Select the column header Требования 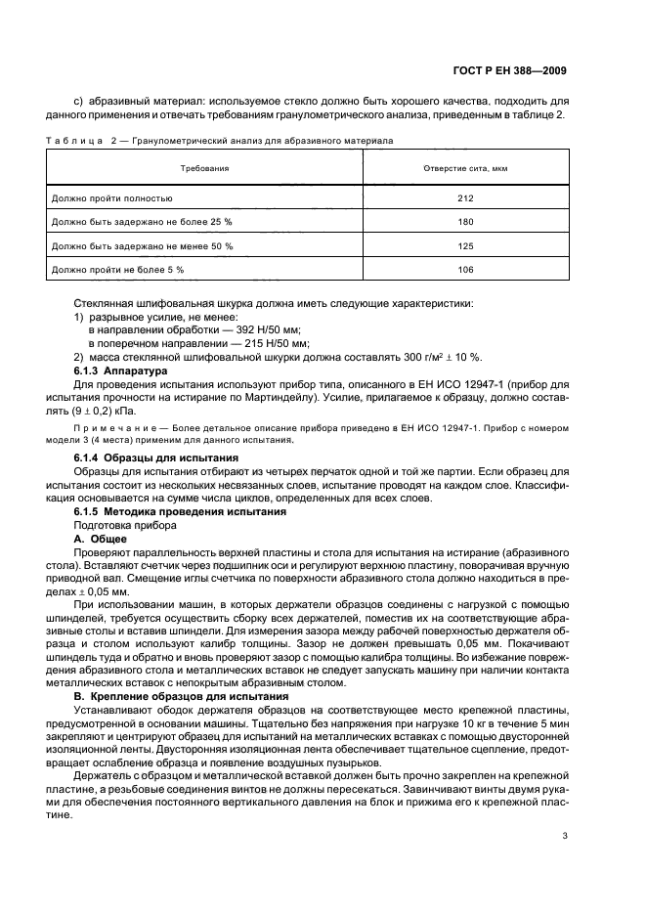coord(204,168)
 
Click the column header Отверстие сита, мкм coord(465,168)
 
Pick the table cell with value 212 coord(465,197)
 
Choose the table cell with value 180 coord(465,222)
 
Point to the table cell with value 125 coord(465,245)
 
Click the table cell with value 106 coord(465,270)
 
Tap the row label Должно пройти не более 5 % coord(116,270)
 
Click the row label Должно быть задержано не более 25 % coord(141,222)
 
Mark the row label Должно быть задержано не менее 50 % coord(141,245)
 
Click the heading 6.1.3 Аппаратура coord(121,371)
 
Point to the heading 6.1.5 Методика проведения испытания coord(180,511)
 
